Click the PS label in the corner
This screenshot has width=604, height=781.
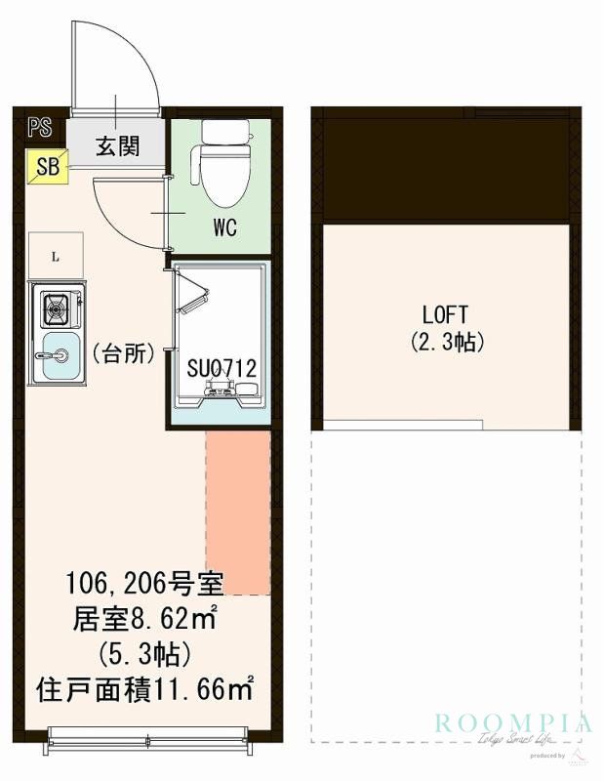40,127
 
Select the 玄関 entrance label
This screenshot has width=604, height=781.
116,146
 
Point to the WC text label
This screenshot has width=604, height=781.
225,232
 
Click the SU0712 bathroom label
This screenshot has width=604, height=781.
222,369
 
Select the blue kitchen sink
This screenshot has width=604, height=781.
60,352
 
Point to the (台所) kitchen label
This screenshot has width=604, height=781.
124,353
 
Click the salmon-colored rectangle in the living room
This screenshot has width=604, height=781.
237,513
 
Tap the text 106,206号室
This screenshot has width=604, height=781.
144,585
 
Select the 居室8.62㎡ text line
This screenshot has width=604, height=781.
144,619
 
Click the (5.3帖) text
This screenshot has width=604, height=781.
144,653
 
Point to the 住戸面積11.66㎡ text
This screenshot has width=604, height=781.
144,689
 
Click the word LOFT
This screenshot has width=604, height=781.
445,315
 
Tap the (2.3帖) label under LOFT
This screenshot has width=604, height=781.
445,343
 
